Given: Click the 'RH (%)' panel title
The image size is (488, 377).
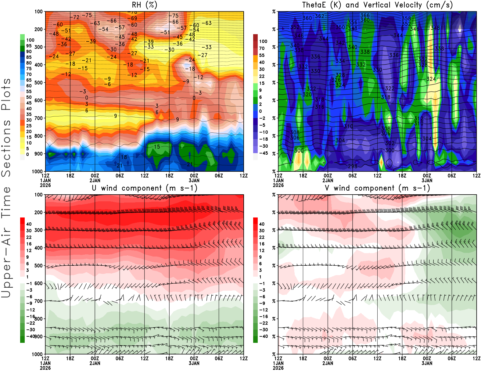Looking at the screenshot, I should pos(144,5).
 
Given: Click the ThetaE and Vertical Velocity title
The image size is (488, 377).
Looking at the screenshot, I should pos(377,5).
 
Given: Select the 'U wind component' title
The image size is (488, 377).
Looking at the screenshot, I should pos(144,188).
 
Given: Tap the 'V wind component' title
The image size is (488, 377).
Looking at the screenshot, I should pos(377,188).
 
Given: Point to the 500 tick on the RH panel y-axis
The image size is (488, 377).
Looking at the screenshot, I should pos(39,83).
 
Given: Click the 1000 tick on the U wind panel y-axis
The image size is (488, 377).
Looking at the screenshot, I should pos(38,354).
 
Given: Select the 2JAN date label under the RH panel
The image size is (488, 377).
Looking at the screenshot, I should pos(95,180).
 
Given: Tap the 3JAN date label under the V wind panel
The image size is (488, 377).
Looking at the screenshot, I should pos(427,363).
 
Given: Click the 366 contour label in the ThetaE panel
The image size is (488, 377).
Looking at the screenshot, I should pos(365,15).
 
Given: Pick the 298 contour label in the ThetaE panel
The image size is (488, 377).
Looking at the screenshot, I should pos(353,166).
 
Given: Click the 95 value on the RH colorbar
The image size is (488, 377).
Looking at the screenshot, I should pos(29,46).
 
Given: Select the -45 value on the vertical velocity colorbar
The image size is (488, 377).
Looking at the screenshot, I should pos(264,153).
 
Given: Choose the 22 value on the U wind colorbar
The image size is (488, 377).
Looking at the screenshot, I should pos(29,237).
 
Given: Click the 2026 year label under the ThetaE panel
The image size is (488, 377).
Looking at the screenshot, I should pos(278,185).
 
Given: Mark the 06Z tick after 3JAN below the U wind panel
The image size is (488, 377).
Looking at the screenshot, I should pos(219,359).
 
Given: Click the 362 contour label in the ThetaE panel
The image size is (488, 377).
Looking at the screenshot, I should pos(320,16).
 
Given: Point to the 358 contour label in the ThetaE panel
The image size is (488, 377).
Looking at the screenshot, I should pos(406,19).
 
